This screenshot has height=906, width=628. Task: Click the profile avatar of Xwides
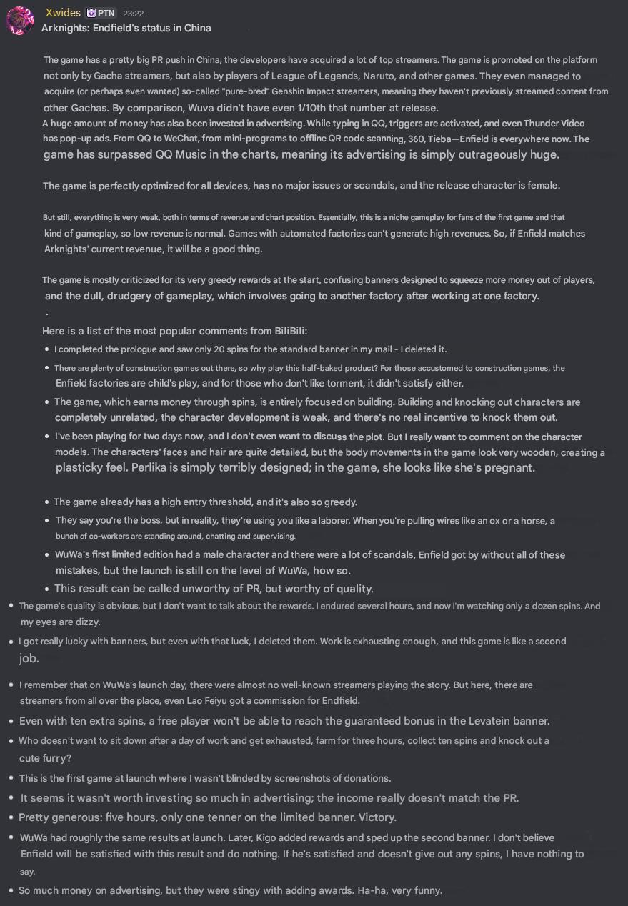tap(20, 20)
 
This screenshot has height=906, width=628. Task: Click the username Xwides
tap(63, 13)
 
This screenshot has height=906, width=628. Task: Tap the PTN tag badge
tap(101, 13)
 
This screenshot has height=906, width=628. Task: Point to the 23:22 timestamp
tap(133, 13)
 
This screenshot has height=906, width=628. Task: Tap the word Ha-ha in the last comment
tap(364, 890)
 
